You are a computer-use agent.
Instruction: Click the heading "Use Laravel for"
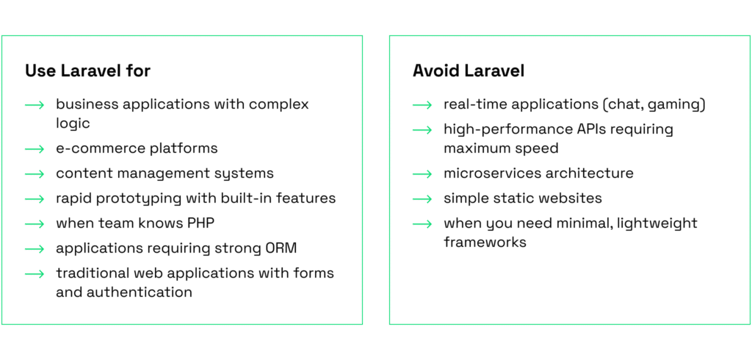88,71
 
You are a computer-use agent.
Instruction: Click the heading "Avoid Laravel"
469,71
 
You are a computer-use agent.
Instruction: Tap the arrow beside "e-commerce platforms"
35,149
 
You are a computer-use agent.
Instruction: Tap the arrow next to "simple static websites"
422,198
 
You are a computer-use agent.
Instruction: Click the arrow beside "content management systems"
35,174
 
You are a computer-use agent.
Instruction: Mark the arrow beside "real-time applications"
422,104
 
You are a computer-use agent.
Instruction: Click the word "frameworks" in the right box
485,242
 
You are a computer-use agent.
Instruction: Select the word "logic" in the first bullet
73,124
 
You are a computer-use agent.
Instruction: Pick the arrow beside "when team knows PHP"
35,223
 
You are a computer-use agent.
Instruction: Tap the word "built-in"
245,198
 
